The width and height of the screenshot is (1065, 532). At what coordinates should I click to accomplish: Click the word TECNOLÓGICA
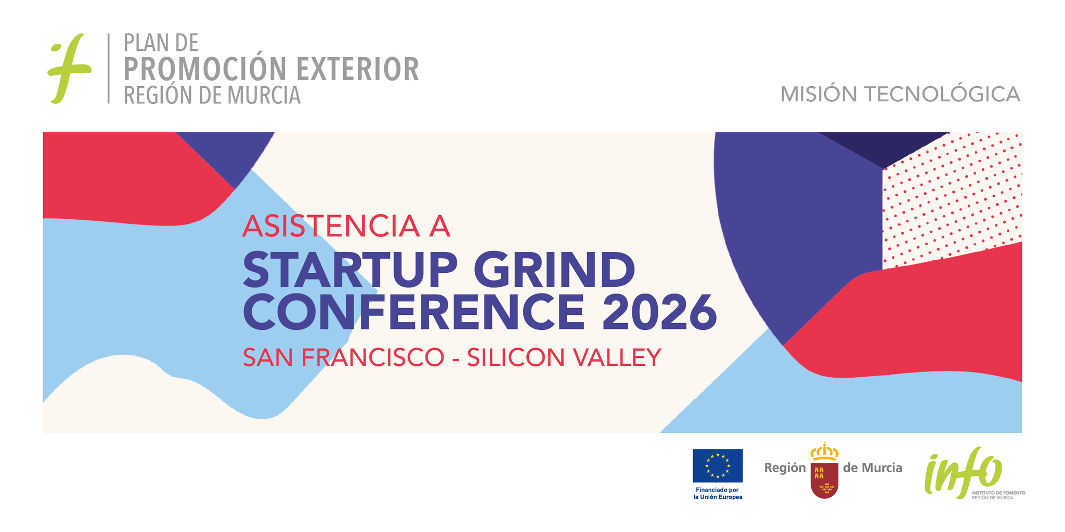coord(942,94)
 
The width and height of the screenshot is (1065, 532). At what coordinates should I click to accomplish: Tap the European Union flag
coord(718,465)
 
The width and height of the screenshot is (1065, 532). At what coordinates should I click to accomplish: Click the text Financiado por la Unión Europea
coord(718,494)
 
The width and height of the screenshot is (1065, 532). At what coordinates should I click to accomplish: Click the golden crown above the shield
coord(824,452)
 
